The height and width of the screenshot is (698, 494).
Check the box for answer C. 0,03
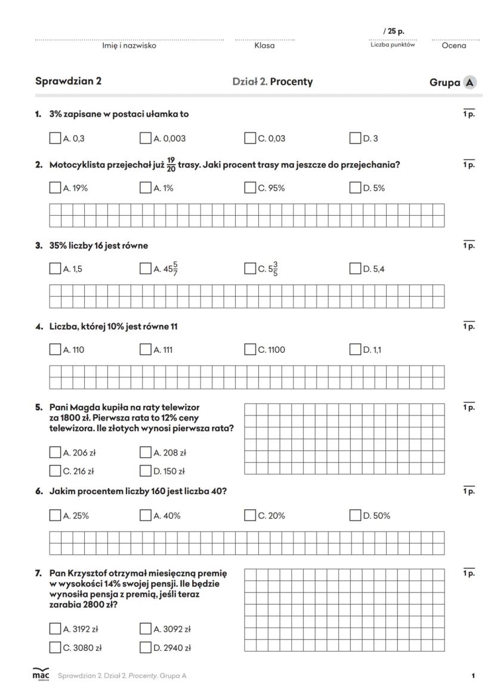[250, 138]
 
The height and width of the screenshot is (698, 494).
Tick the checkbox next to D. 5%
[355, 188]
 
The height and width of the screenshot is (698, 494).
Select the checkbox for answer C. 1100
[250, 349]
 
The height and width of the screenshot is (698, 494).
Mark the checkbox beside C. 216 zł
[55, 471]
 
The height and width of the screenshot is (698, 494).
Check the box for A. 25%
[55, 515]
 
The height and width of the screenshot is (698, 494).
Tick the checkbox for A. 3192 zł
[55, 628]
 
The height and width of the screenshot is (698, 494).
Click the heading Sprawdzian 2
[68, 82]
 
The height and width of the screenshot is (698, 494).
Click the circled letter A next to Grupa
[470, 83]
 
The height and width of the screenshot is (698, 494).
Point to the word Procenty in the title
[291, 82]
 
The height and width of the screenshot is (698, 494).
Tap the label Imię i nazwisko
[129, 46]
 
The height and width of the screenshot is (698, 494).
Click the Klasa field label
[264, 46]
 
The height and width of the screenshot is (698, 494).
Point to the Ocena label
[454, 46]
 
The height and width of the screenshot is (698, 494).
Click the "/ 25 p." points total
[394, 31]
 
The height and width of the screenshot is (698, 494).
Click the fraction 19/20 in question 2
[171, 165]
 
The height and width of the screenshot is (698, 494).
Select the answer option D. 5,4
[374, 269]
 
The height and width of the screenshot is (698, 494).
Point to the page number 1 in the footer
[473, 676]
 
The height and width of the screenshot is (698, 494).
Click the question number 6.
[38, 491]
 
